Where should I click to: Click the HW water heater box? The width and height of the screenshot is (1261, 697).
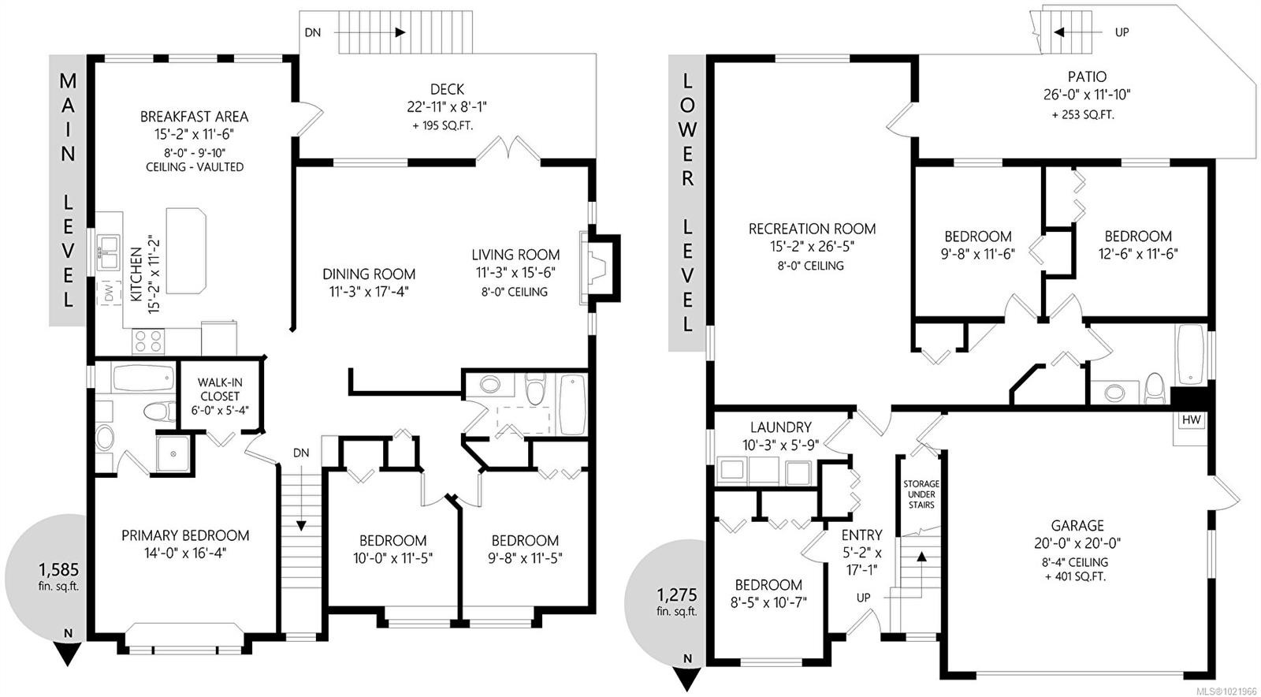pos(1191,420)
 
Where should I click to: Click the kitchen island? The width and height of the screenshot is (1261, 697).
pos(186,251)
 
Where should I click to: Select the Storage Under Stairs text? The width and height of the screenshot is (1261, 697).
pos(921,494)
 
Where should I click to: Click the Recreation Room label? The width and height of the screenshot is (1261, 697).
pos(812,229)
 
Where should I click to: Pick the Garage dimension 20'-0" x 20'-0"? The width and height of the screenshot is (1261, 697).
pos(1077,542)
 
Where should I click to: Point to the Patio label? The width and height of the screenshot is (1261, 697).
pos(1087,76)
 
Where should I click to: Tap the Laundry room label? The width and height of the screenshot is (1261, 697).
pos(780,427)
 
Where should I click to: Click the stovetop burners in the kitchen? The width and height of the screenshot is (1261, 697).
pos(148,341)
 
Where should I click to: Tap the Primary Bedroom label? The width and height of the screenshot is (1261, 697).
pos(185,535)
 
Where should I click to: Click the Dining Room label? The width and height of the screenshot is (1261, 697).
pos(369,274)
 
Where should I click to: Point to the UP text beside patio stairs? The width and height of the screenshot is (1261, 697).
pos(1122,32)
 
